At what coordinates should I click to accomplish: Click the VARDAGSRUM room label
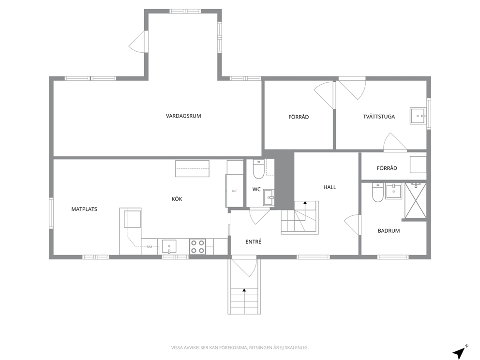(x=183, y=116)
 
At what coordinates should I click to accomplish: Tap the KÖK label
(x=177, y=199)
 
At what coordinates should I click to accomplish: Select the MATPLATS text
(x=84, y=210)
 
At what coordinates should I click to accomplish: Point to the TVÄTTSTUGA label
(x=379, y=117)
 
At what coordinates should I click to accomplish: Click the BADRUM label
(x=389, y=231)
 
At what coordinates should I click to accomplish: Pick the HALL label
(x=330, y=187)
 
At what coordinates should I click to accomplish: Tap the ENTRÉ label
(x=254, y=242)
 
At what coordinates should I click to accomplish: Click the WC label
(x=256, y=190)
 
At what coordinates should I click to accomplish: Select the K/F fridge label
(x=235, y=191)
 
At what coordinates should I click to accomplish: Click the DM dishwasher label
(x=150, y=247)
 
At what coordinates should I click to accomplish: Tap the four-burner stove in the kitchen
(x=197, y=247)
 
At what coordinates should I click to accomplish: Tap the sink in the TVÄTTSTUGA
(x=418, y=116)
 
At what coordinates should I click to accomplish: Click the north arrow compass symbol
(x=460, y=352)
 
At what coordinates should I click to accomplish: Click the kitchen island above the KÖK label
(x=192, y=169)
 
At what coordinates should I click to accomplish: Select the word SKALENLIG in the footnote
(x=298, y=348)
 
